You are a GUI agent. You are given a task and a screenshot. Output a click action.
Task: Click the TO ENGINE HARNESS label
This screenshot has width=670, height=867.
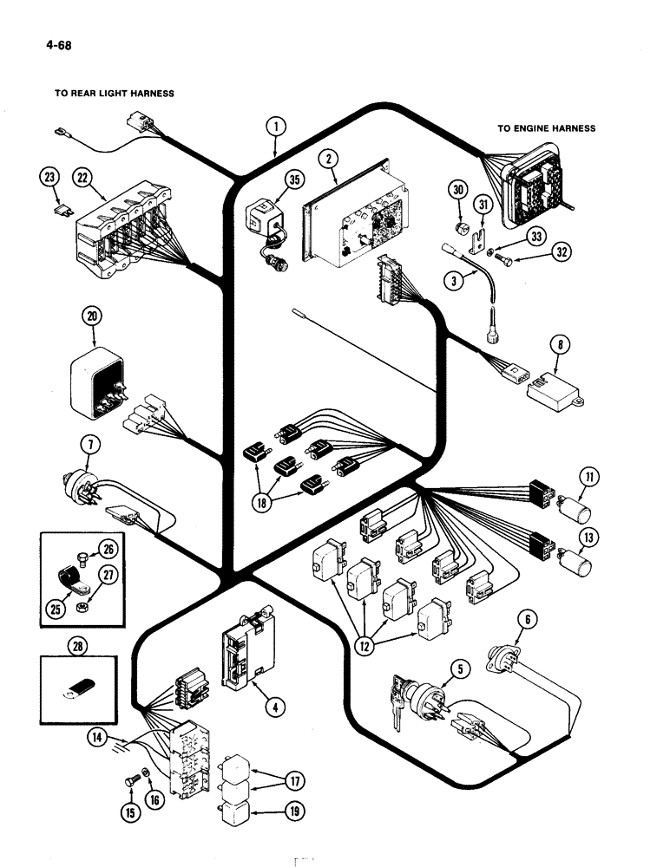pos(546,128)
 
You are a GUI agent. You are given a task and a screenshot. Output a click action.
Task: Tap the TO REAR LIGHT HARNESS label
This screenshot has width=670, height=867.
pos(115,94)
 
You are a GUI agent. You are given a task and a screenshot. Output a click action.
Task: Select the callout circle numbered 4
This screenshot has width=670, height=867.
pos(274,707)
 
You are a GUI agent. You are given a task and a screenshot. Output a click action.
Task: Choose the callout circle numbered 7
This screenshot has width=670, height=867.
pos(93,447)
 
